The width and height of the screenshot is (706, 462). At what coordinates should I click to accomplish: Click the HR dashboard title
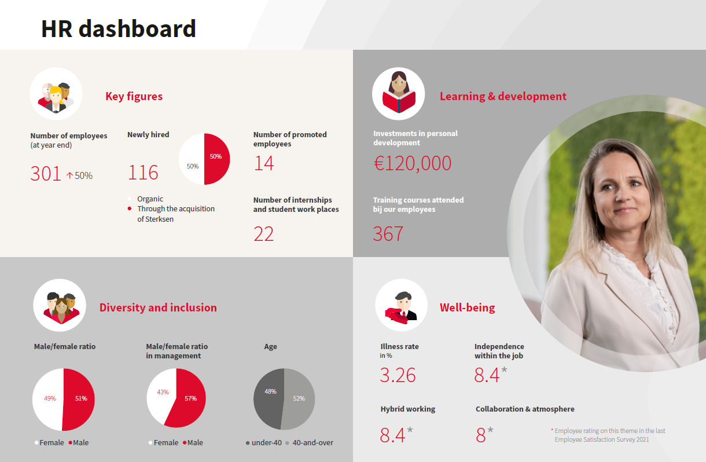(119, 29)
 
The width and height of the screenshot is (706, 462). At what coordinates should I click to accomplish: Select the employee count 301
(46, 174)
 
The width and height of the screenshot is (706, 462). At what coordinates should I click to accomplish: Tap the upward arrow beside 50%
(69, 175)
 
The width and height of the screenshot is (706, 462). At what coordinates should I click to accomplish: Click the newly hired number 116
(143, 173)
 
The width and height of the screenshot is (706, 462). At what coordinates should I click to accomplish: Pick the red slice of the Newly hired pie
(217, 159)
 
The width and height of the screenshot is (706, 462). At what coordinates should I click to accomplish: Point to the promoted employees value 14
(264, 163)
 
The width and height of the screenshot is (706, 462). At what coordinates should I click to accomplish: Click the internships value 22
(263, 234)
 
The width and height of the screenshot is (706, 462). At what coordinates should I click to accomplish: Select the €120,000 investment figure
(412, 163)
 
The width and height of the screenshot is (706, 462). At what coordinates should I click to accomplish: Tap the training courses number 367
(388, 234)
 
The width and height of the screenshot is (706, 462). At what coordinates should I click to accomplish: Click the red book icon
(399, 101)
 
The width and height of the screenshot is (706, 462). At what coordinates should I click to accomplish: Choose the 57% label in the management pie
(191, 398)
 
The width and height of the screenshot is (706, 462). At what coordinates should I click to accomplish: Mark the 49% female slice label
(50, 398)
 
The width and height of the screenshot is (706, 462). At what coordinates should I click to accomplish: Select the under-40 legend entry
(264, 442)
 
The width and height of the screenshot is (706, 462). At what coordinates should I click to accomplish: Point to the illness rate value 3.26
(398, 375)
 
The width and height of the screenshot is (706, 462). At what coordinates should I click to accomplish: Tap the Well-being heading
(468, 307)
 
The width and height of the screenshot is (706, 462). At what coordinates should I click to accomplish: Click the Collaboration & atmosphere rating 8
(481, 435)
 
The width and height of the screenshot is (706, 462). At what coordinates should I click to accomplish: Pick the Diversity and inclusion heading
(158, 307)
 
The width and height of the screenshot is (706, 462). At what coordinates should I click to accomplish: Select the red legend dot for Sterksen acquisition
(130, 208)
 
